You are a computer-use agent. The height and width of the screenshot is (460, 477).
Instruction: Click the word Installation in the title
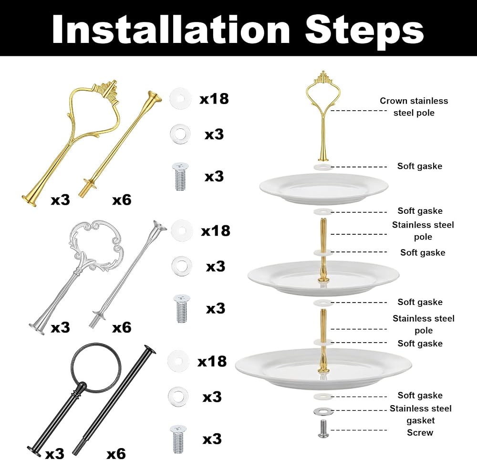pos(171,29)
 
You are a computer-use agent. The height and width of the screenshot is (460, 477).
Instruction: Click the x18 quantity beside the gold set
pos(214,99)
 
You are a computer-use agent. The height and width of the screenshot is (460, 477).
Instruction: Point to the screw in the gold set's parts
pos(180,177)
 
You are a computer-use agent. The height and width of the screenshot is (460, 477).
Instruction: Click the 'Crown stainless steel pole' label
pos(414,107)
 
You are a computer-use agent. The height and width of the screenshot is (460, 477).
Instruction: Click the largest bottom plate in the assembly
pos(323,369)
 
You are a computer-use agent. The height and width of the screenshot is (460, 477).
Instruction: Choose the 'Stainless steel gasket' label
pos(420,414)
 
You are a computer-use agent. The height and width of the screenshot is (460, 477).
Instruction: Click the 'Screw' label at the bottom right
pos(420,433)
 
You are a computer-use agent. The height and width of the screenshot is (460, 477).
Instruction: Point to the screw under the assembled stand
pos(323,429)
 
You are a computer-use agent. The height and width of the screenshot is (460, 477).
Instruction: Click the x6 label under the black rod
pos(116,453)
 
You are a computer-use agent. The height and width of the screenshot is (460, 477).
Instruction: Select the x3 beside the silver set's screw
pos(216,308)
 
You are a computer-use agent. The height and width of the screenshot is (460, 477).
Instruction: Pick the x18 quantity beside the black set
pos(212,361)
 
